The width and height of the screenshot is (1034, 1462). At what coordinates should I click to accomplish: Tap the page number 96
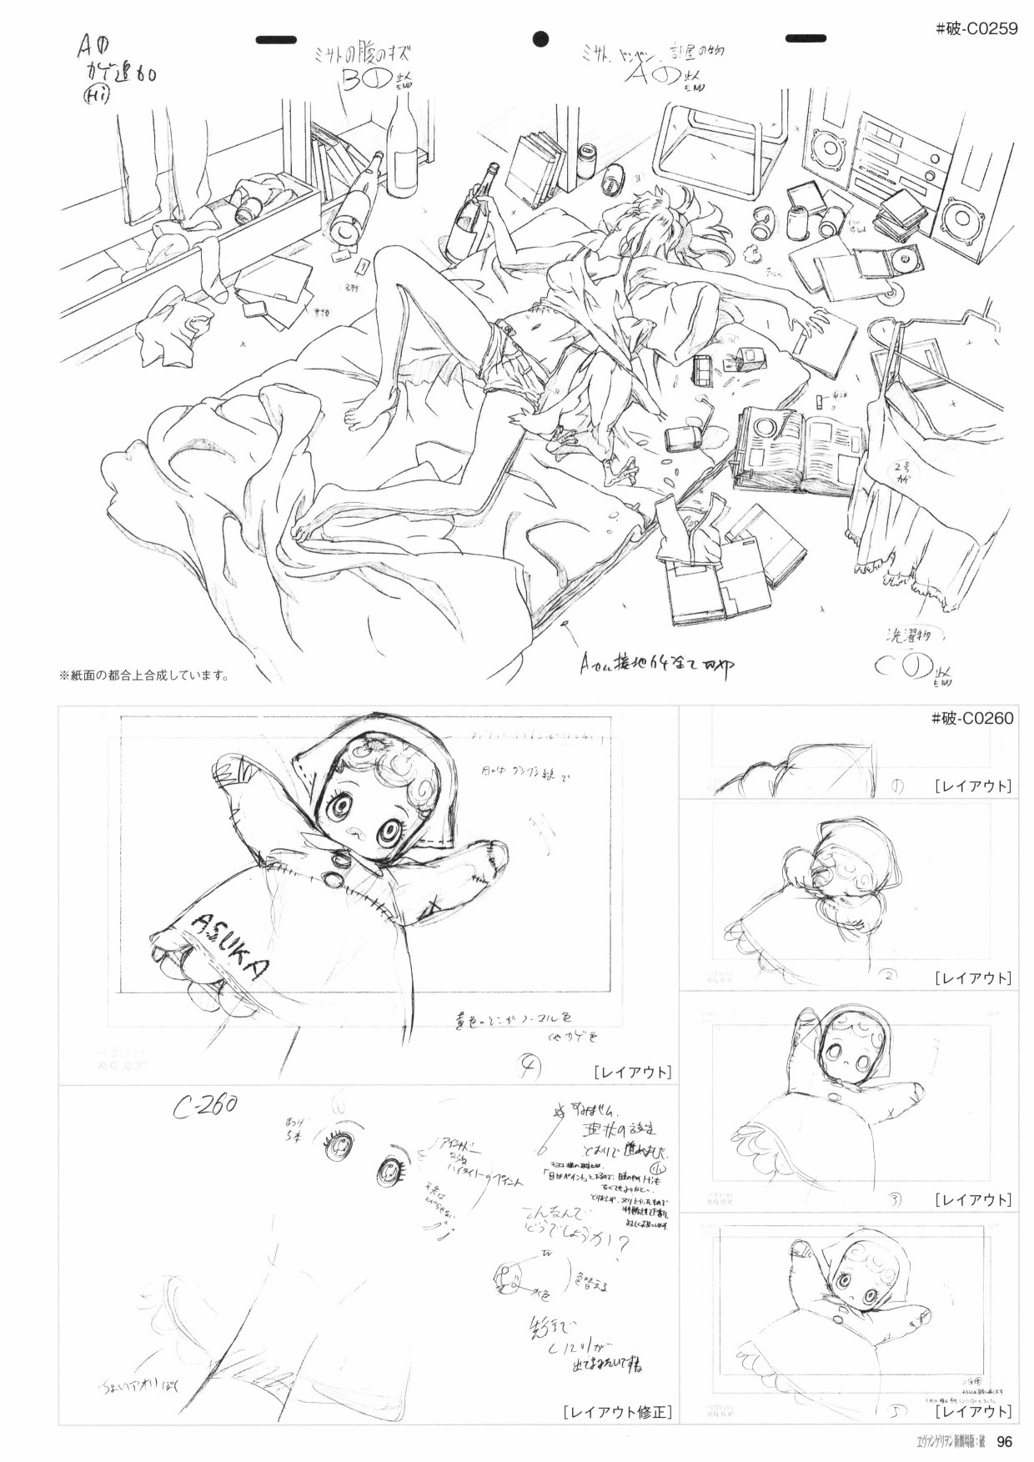pos(1004,1442)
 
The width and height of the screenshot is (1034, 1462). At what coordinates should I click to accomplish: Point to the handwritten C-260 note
pos(205,1108)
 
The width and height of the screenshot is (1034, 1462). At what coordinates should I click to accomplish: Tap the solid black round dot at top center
pos(541,38)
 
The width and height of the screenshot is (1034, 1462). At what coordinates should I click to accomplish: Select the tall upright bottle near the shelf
pos(403,133)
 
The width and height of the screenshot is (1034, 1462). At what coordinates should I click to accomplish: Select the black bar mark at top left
pos(278,39)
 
